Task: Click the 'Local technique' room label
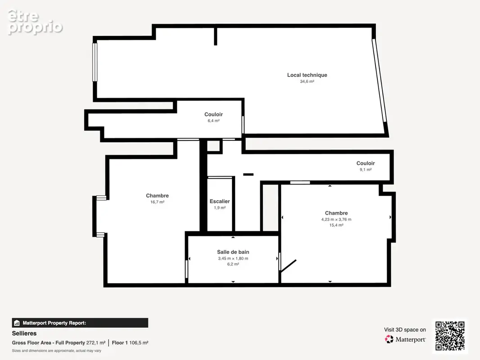(307, 75)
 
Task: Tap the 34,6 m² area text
(307, 81)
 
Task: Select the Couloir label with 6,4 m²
(213, 114)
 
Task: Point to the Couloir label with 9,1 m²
(366, 163)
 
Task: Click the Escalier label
(219, 201)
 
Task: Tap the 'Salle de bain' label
(233, 252)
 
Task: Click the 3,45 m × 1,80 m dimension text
(233, 258)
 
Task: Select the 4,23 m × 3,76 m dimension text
(336, 219)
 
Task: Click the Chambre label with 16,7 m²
(157, 196)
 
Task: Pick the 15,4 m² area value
(336, 225)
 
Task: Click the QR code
(450, 336)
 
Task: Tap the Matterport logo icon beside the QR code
(389, 339)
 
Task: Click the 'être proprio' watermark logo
(35, 22)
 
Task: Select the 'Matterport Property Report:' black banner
(80, 323)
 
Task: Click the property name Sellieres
(24, 333)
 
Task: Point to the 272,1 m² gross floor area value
(96, 343)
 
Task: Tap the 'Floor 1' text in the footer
(120, 343)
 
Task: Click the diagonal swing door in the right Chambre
(288, 266)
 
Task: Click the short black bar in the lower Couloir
(248, 175)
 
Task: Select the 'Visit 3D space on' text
(405, 330)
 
